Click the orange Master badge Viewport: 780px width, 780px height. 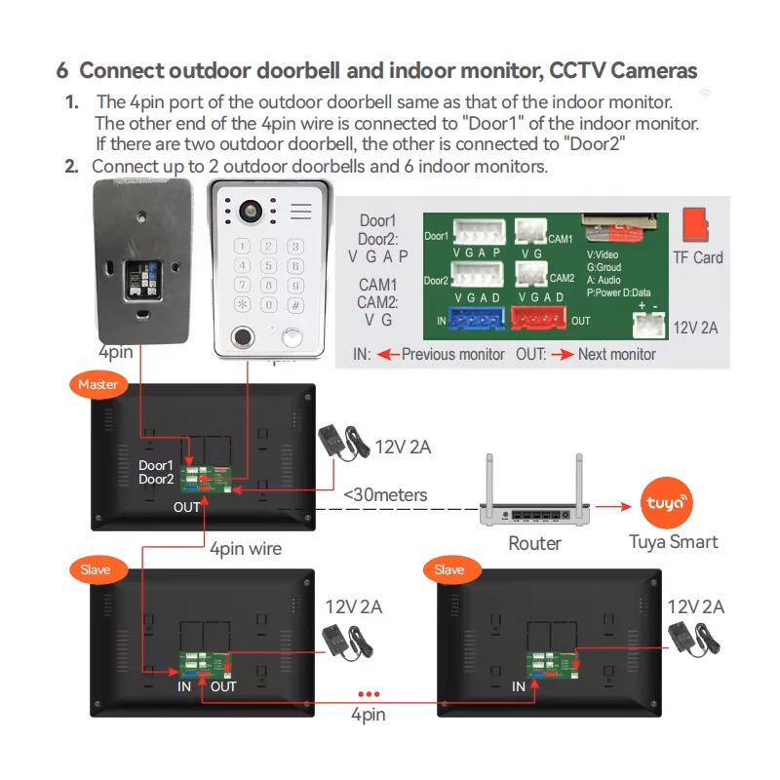coord(97,384)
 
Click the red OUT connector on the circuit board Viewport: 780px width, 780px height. coord(539,319)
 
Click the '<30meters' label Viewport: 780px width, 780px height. coord(385,495)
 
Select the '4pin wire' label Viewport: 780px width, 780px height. coord(246,549)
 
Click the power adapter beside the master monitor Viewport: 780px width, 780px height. coord(341,444)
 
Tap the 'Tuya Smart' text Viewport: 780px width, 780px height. coord(673,542)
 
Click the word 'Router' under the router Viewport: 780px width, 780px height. coord(535,543)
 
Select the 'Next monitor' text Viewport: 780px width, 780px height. coord(616,354)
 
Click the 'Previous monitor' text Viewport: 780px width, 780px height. coord(453,354)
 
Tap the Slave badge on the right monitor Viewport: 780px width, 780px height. coord(449,568)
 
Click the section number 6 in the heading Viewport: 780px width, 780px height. coord(62,71)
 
